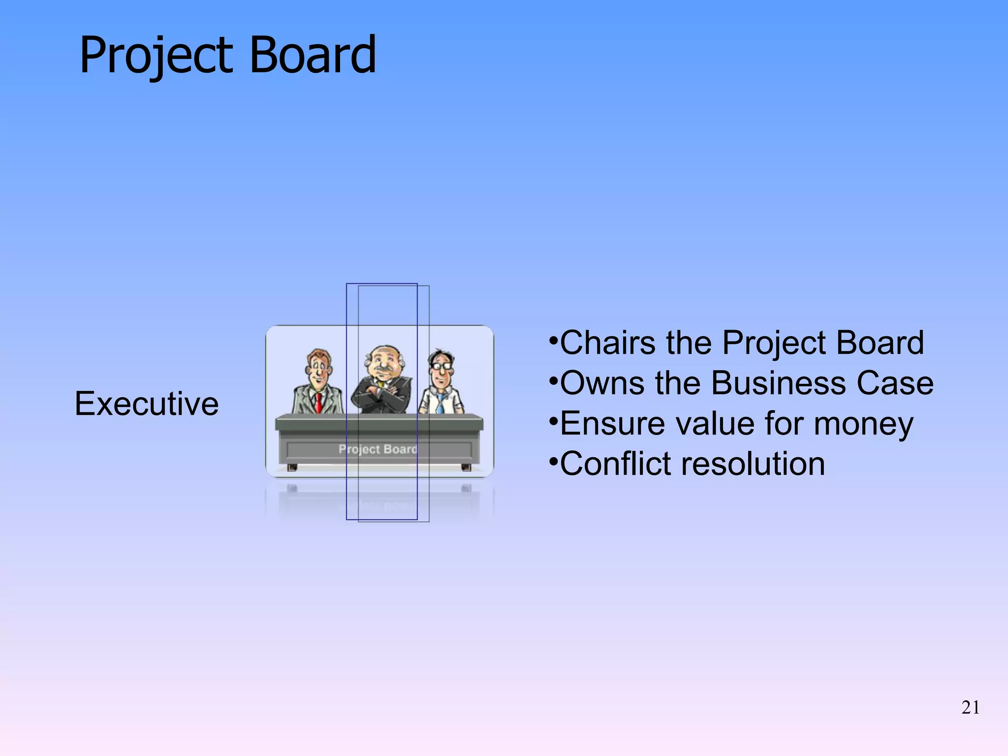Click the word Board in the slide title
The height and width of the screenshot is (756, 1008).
[313, 55]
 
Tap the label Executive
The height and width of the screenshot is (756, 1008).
[147, 404]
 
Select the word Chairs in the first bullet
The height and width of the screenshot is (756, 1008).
[608, 343]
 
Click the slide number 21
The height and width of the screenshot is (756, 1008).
[970, 707]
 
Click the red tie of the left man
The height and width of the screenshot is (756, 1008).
[318, 403]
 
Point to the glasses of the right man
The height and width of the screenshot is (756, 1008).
[441, 366]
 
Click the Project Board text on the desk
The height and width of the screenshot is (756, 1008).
[378, 449]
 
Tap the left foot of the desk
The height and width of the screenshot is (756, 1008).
[292, 467]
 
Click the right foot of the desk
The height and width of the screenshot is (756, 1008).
[466, 467]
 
